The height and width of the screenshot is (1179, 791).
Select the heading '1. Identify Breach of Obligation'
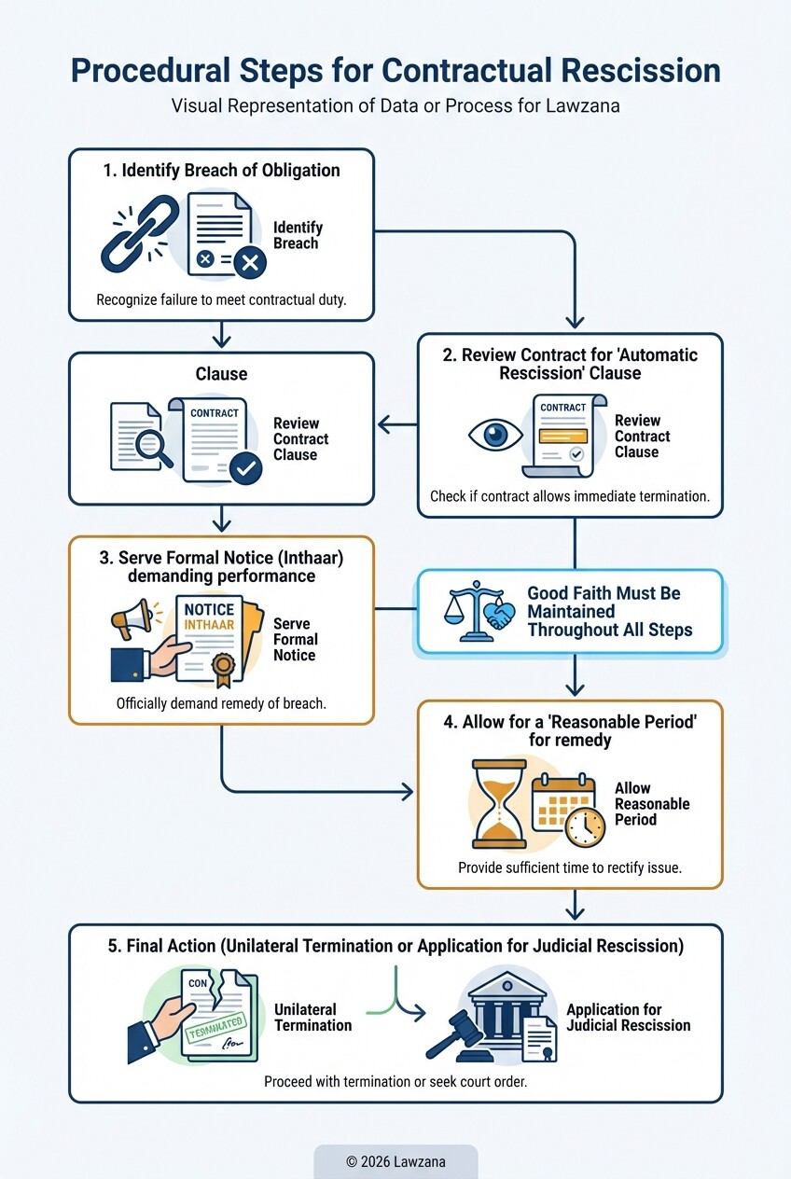[x=221, y=171]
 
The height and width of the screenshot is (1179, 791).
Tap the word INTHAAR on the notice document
[x=209, y=626]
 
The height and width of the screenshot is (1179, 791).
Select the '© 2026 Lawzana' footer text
[x=395, y=1161]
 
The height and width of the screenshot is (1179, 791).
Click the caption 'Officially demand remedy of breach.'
[x=221, y=703]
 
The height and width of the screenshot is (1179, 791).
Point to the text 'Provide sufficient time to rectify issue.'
[x=569, y=867]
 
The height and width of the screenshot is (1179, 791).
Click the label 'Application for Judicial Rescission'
[x=628, y=1018]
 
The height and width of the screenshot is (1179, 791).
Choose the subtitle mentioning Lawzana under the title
[x=395, y=106]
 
